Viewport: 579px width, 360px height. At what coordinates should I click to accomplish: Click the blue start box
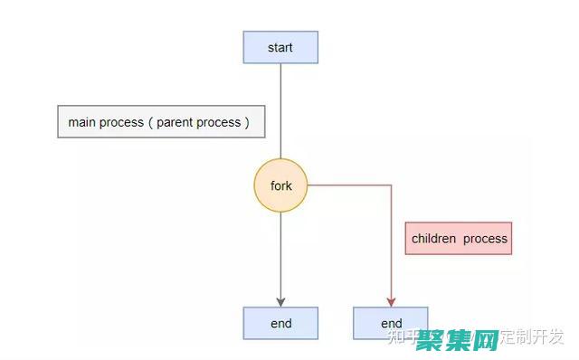280,47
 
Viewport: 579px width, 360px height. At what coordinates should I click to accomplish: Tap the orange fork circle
280,185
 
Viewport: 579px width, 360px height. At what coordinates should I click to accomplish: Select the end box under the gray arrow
280,323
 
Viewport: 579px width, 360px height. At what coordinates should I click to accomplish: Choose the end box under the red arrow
391,323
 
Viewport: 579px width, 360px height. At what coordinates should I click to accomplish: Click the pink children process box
459,239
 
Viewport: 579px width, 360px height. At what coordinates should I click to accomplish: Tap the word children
433,239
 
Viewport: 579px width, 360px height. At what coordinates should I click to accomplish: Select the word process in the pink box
486,239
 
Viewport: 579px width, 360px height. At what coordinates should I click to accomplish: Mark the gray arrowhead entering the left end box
280,302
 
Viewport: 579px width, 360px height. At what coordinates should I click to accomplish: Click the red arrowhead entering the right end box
391,302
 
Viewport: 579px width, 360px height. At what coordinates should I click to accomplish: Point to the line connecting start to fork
280,109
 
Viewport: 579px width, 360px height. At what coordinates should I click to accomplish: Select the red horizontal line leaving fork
348,185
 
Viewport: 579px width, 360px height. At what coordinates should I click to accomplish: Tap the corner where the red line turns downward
391,185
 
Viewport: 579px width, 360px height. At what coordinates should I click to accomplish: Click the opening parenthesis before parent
151,122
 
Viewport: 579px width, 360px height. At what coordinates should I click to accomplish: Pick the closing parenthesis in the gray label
247,122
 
